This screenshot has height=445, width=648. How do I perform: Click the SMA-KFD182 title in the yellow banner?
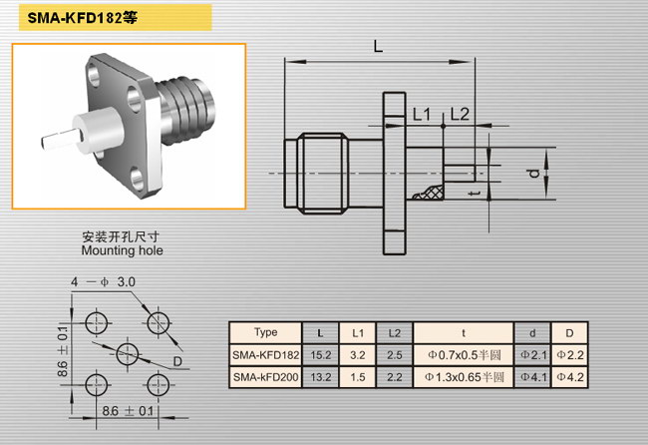tap(82, 18)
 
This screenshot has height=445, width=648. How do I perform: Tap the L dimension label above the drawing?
tap(378, 46)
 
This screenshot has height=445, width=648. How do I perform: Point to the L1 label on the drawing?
tap(422, 115)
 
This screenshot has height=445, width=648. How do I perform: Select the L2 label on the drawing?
tap(460, 114)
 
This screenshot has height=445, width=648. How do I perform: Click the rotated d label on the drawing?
tap(534, 174)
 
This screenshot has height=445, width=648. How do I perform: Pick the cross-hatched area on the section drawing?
tap(431, 193)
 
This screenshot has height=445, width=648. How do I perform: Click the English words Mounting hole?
tap(122, 250)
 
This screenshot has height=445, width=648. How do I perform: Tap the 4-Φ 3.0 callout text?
tap(103, 282)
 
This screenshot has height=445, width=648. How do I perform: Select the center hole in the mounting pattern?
tap(128, 354)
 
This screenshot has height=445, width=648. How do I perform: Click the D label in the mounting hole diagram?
tap(177, 361)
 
